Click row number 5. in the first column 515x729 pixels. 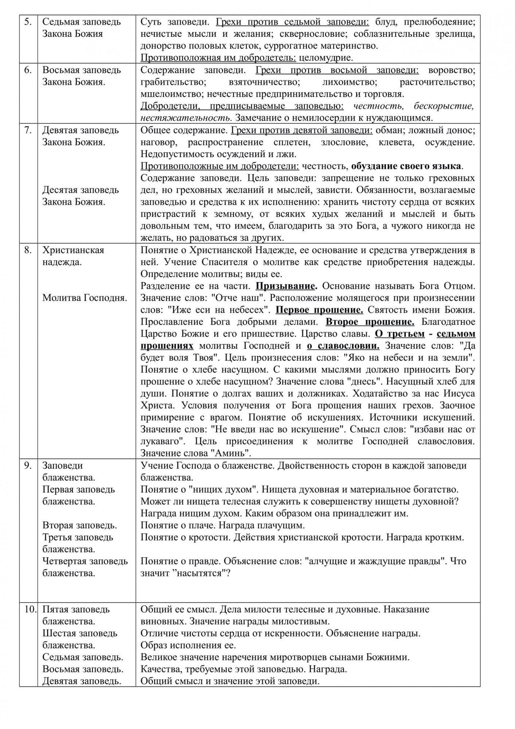coord(28,22)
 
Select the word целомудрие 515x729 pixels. coord(326,58)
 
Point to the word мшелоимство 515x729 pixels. coord(167,94)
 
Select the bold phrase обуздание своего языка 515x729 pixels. coord(406,166)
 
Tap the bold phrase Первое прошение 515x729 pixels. coord(319,310)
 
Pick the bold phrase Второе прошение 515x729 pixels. coord(370,322)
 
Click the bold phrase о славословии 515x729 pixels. coord(343,346)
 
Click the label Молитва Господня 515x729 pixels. coord(84,298)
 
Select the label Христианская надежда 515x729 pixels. coord(73,256)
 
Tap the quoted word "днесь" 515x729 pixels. coord(400,382)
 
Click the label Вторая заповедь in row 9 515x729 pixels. coord(79,525)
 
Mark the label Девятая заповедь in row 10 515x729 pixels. coord(82,681)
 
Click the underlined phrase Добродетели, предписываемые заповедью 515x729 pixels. coord(242,106)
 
